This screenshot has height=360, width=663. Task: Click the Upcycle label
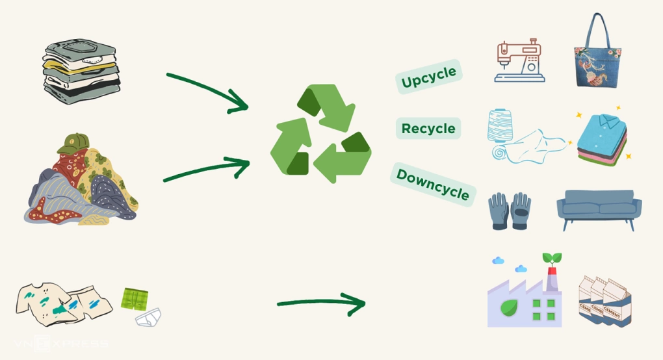(x=429, y=77)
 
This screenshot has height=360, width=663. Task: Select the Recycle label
(x=428, y=129)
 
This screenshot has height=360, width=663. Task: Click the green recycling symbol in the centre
(x=320, y=135)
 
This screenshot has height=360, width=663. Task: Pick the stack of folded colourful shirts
(x=601, y=139)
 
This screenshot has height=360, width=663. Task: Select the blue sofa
(x=599, y=208)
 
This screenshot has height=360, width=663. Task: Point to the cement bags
(x=605, y=302)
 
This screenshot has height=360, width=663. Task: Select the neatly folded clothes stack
(x=82, y=72)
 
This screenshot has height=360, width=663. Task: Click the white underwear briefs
(x=148, y=317)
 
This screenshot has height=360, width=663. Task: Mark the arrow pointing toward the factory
(x=321, y=303)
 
